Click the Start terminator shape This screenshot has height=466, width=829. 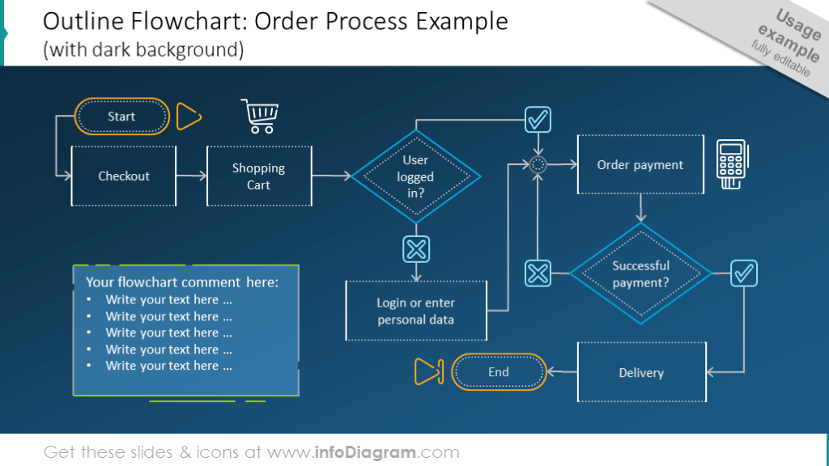tap(122, 116)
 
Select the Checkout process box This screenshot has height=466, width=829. tap(124, 176)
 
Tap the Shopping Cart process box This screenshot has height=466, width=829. tap(258, 176)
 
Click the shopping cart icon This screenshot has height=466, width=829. tap(260, 116)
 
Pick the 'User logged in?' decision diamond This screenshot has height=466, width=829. tap(415, 176)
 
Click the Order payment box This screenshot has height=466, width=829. tap(640, 165)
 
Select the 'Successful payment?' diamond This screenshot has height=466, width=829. tap(640, 273)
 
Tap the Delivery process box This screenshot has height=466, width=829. tap(640, 372)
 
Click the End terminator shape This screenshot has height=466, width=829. tap(498, 372)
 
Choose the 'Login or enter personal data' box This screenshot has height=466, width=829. tap(415, 311)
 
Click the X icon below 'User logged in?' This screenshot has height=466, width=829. tap(416, 249)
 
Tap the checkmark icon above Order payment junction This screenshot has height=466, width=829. tap(538, 120)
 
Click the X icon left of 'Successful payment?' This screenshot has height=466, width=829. tap(538, 273)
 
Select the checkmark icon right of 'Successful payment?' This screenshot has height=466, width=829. tap(743, 273)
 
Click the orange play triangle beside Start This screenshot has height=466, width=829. tap(188, 116)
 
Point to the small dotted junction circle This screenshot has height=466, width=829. tap(538, 165)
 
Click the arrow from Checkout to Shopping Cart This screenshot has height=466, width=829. tap(191, 176)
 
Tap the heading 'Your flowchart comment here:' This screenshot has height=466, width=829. tap(182, 282)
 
